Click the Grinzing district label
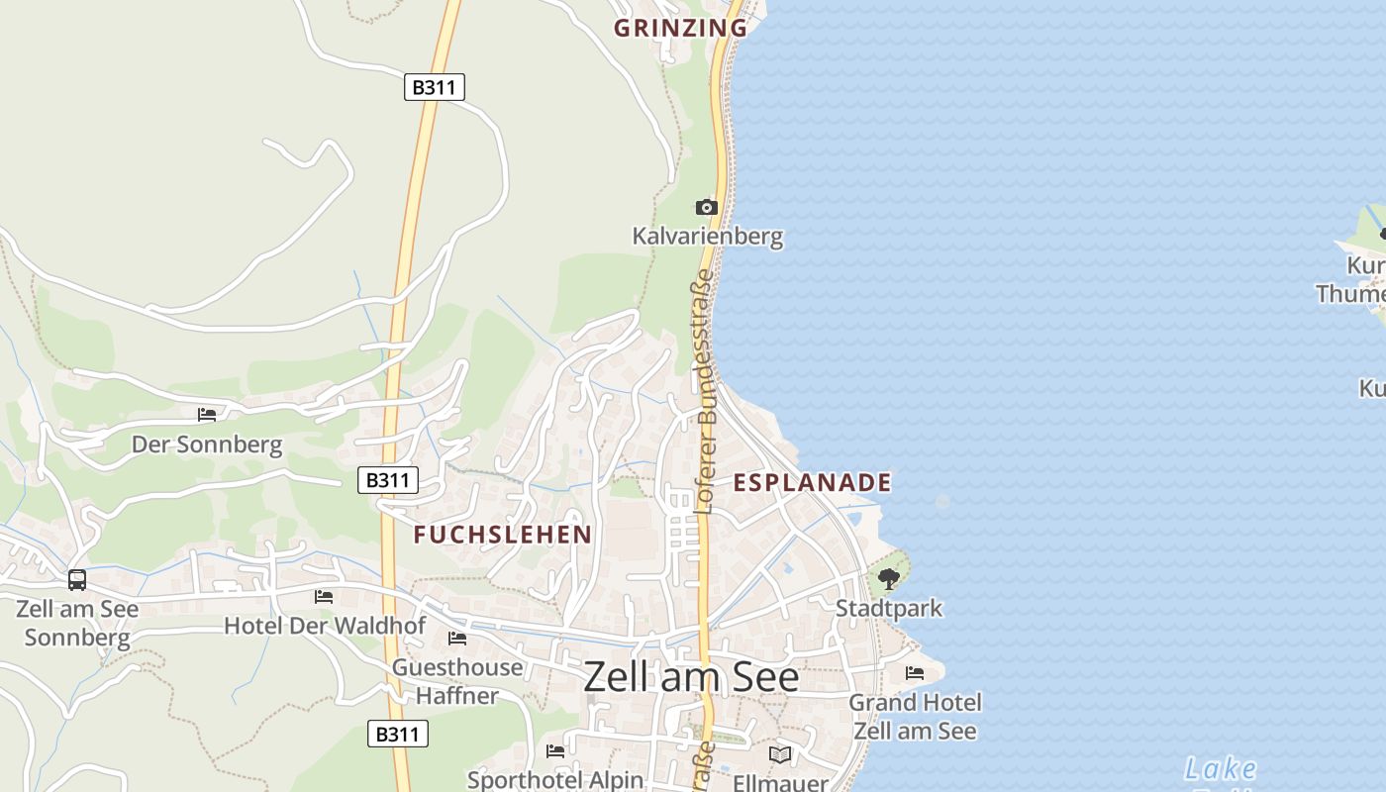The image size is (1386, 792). [x=680, y=28]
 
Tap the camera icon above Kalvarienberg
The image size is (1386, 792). [x=706, y=207]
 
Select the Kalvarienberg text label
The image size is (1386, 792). [x=707, y=237]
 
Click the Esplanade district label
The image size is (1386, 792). [x=812, y=482]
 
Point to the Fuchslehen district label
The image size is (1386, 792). [x=502, y=535]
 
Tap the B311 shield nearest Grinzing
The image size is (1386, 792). [x=434, y=87]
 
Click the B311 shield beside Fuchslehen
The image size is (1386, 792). [x=387, y=480]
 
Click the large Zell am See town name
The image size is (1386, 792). [x=691, y=677]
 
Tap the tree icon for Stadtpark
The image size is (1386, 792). [x=888, y=579]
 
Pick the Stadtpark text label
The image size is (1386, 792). [x=889, y=608]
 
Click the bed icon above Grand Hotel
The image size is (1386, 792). [x=915, y=673]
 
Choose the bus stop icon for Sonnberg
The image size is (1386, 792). [x=77, y=579]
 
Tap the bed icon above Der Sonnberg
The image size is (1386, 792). [x=206, y=415]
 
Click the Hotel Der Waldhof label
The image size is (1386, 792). [x=325, y=626]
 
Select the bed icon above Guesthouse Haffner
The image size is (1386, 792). [x=456, y=639]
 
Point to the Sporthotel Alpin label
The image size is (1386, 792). [x=554, y=780]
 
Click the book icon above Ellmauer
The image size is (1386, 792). [x=780, y=755]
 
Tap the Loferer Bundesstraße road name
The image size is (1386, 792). [x=704, y=391]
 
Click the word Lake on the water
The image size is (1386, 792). [x=1220, y=768]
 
